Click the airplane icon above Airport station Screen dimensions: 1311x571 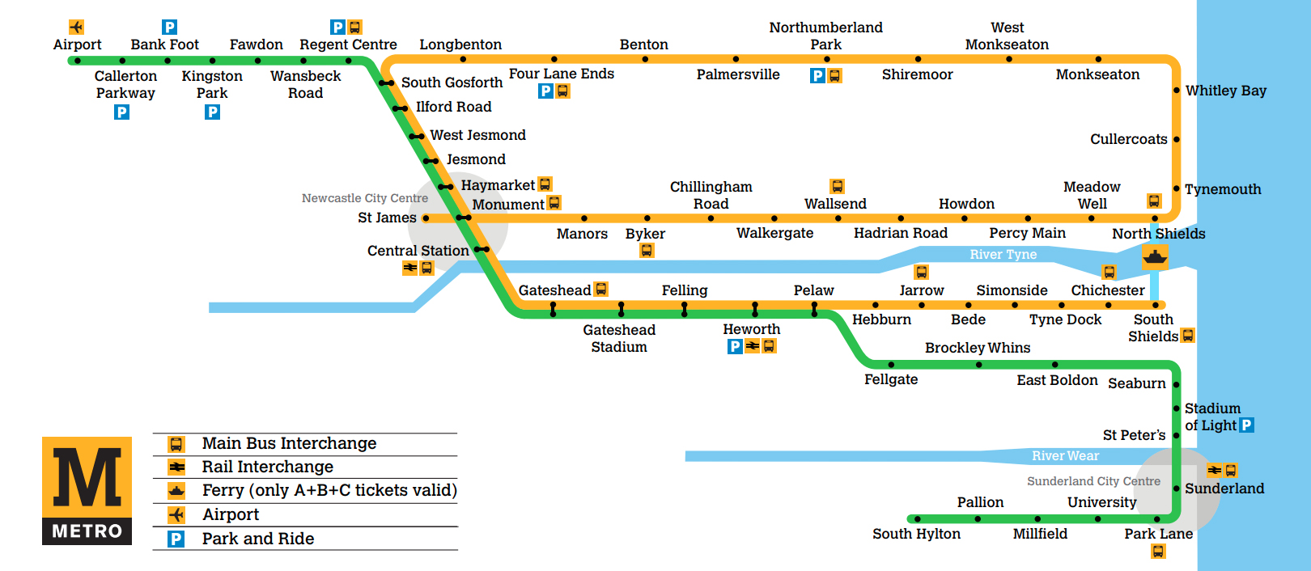click(x=76, y=27)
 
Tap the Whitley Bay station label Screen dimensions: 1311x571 click(x=1225, y=91)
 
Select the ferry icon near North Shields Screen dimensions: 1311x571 click(x=1155, y=257)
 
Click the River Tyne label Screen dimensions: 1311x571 click(x=1003, y=255)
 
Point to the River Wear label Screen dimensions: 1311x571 click(x=1065, y=455)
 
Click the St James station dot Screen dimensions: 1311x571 click(x=426, y=218)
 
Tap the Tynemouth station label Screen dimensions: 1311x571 click(x=1223, y=189)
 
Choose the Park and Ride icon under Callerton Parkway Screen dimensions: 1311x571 click(x=121, y=112)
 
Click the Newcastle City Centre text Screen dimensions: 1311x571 click(x=365, y=198)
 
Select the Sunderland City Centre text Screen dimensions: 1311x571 click(x=1093, y=481)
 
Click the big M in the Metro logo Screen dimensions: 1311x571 click(x=87, y=476)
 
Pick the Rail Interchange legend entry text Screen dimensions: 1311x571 click(x=268, y=467)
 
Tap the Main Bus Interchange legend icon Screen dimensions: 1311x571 click(x=176, y=444)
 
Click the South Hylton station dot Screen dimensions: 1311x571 click(x=917, y=519)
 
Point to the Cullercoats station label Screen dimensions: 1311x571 click(x=1128, y=139)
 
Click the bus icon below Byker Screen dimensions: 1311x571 click(x=646, y=251)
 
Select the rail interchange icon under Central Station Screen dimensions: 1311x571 click(x=410, y=268)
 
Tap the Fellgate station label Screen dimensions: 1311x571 click(x=891, y=379)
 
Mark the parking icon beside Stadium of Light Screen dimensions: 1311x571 click(x=1246, y=425)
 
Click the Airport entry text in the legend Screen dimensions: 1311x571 click(x=231, y=515)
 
